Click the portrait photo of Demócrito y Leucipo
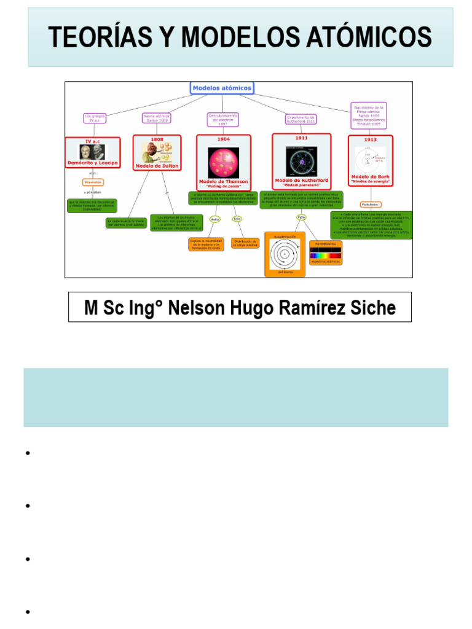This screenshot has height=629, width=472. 92,151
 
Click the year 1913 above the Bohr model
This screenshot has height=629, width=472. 371,139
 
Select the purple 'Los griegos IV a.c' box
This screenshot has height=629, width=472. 92,117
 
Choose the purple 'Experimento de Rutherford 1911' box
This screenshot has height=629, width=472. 301,119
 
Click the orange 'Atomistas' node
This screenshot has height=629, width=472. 93,182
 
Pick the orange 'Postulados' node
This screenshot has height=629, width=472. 370,205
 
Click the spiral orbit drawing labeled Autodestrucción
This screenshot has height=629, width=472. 285,253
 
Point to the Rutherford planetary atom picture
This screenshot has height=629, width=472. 301,161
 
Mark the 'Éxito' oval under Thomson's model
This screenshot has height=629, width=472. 214,219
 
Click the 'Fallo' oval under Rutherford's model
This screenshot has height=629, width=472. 301,217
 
